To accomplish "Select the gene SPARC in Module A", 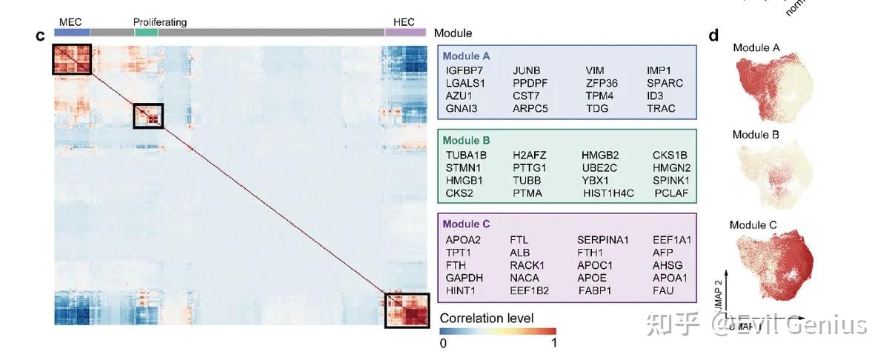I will (x=665, y=83).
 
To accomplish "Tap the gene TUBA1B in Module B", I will (x=465, y=155).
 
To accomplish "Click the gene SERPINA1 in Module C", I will (x=602, y=239).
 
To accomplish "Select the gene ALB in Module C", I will (x=520, y=253).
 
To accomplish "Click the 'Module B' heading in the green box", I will (x=470, y=139).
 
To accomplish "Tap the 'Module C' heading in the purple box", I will (x=470, y=224).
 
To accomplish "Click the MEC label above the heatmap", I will (x=70, y=22).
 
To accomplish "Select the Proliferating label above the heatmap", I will (x=160, y=22).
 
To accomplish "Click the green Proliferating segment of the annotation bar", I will (x=146, y=33).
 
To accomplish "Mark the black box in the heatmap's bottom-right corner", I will (x=407, y=310).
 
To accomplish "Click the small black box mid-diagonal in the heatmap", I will (x=148, y=116).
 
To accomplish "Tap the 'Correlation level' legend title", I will (x=486, y=319).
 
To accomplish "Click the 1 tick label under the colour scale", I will (x=553, y=343).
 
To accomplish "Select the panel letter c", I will (x=41, y=36).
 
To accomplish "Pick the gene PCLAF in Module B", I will (x=671, y=193).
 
